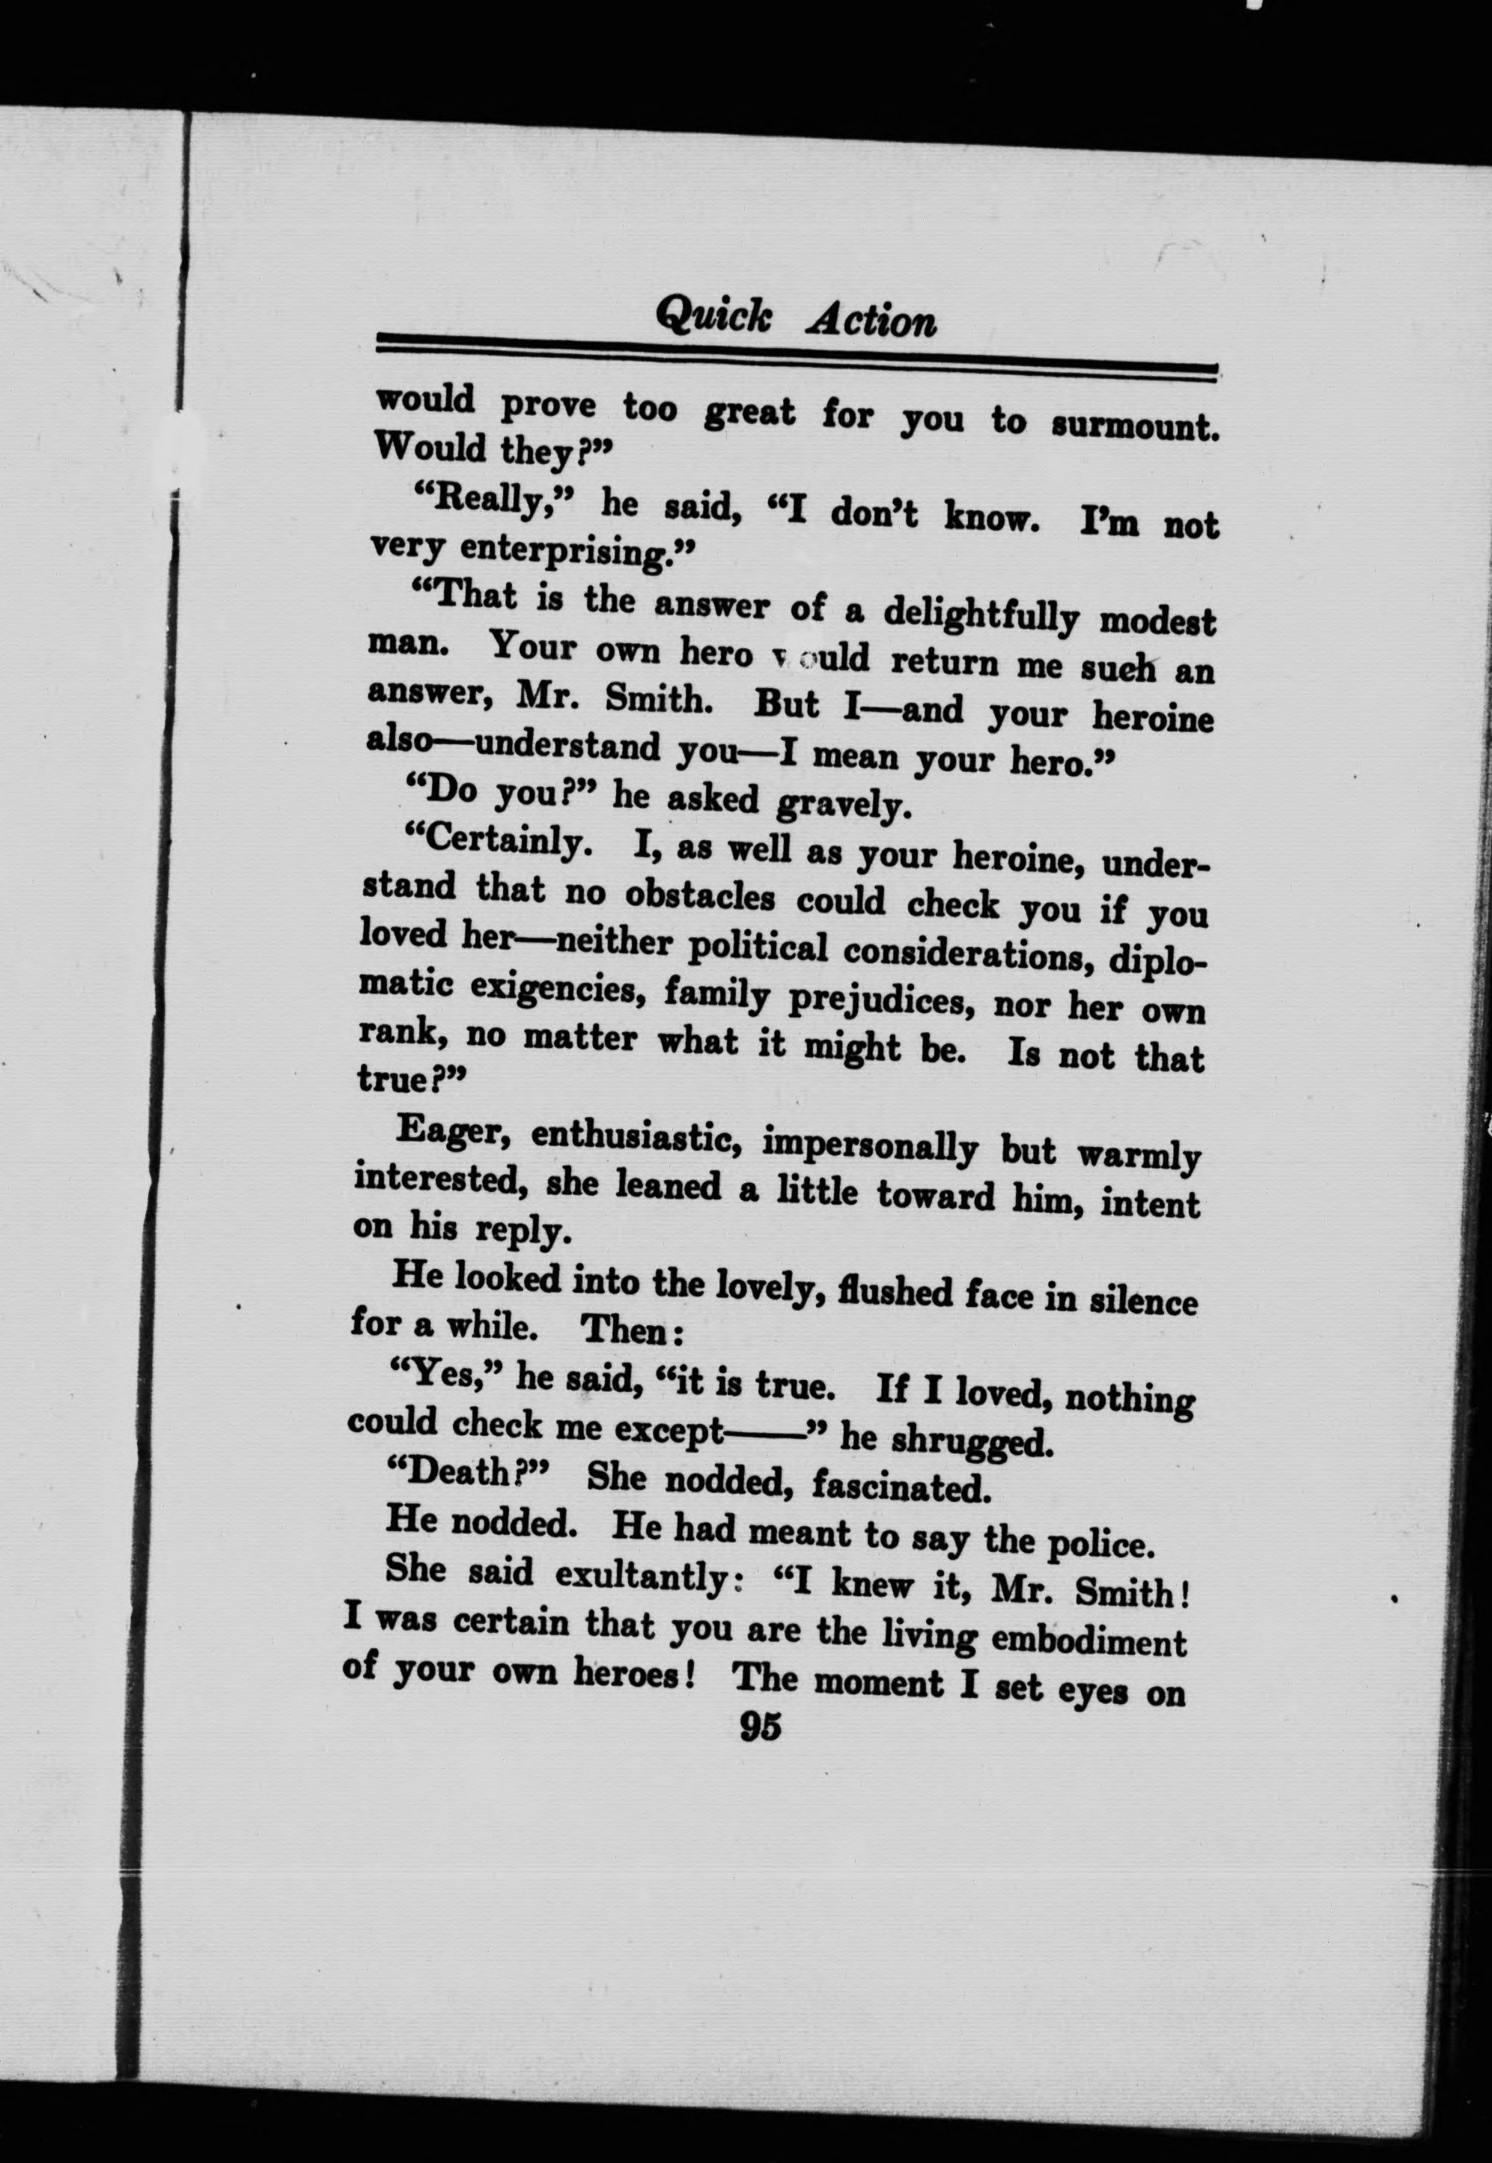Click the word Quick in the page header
click(x=713, y=316)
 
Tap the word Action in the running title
click(x=871, y=321)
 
